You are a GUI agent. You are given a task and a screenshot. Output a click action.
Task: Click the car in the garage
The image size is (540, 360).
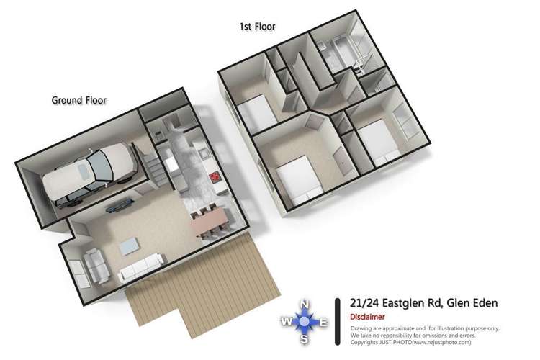tap(90, 174)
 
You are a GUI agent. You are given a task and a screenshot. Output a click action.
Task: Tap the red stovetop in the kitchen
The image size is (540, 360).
tap(213, 176)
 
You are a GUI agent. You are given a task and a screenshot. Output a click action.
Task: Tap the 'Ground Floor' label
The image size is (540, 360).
tap(78, 100)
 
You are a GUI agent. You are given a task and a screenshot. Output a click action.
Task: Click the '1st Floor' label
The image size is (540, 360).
tap(257, 27)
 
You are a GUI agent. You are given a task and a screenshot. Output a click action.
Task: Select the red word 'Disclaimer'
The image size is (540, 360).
tap(367, 317)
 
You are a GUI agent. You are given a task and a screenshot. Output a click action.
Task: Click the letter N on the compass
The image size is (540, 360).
tap(304, 303)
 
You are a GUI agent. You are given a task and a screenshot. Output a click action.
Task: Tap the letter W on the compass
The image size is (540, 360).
tap(286, 322)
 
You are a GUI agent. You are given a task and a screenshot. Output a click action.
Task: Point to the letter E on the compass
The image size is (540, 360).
tap(323, 322)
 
